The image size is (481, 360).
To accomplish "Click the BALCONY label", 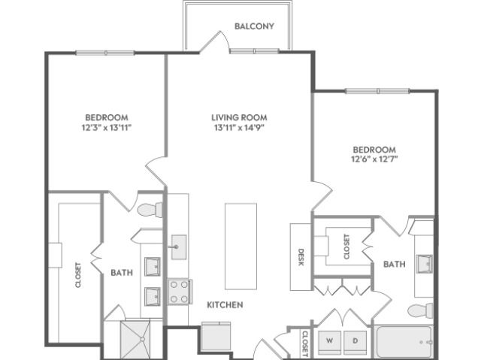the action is tap(254, 26).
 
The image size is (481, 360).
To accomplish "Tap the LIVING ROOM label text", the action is tap(239, 117).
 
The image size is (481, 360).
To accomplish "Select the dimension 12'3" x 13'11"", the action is tap(107, 128).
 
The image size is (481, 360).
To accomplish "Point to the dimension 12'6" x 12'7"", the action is tap(374, 159).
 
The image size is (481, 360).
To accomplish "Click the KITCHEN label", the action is tap(225, 305).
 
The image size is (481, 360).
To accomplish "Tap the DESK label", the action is tap(301, 257).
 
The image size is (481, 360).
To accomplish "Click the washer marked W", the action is tap(329, 342).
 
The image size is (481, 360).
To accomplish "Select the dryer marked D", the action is tap(355, 342).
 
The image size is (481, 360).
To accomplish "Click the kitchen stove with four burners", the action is tap(180, 292).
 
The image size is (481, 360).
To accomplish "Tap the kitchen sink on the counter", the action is tap(179, 247).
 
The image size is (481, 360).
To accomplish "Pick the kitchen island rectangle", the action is tap(240, 247).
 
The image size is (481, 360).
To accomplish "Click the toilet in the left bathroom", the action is tap(150, 210).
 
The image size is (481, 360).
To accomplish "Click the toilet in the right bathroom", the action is tap(421, 310).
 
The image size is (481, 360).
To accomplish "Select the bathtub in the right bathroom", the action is tap(404, 342).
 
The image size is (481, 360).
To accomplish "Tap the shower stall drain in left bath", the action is tap(143, 339).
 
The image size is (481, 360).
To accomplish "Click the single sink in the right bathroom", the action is tap(425, 264).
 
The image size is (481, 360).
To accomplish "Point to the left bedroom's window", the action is tap(105, 53).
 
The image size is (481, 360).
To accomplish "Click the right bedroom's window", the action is tap(377, 91).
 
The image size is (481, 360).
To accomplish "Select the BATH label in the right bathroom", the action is tap(394, 264).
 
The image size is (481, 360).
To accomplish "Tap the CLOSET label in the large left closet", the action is tap(78, 275).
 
